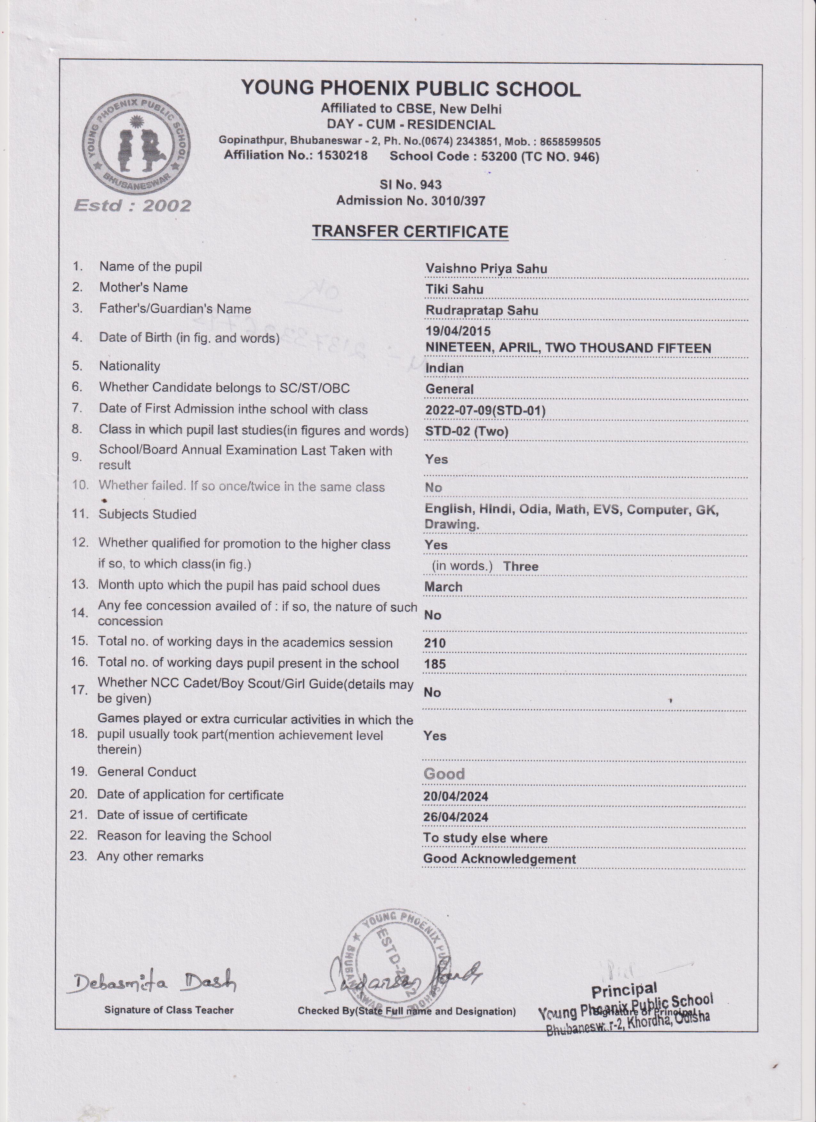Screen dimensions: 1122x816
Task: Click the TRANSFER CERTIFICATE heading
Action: tap(410, 232)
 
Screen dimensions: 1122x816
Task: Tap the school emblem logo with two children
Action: tap(136, 145)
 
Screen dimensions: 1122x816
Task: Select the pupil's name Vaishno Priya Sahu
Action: tap(486, 269)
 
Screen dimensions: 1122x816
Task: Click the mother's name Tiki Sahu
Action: tap(454, 290)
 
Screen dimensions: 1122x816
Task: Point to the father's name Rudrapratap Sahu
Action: tap(482, 311)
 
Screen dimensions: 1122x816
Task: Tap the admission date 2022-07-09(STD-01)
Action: tap(485, 410)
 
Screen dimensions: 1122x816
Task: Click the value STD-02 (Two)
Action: tap(467, 431)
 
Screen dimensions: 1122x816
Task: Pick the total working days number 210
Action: tap(435, 643)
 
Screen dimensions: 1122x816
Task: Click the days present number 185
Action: tap(435, 664)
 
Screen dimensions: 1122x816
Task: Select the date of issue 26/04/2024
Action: tap(455, 817)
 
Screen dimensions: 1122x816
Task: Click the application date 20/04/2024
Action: tap(455, 797)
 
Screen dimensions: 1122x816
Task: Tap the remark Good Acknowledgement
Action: tap(499, 859)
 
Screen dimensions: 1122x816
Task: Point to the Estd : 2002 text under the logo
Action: tap(132, 205)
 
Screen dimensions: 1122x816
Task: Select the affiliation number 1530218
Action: tap(342, 155)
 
